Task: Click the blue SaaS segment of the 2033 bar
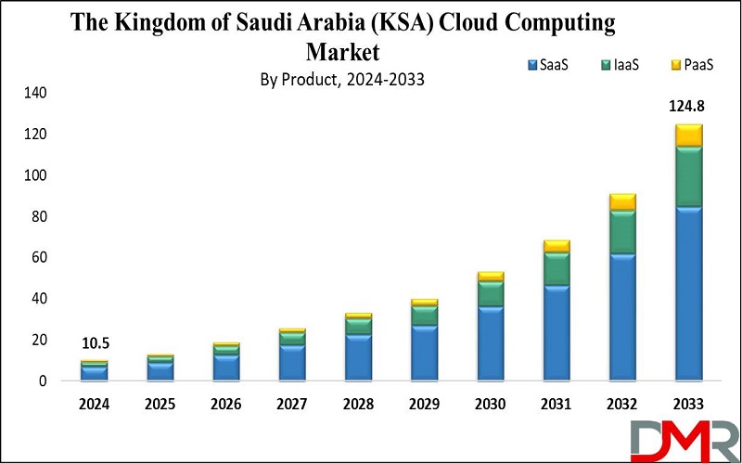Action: click(x=688, y=293)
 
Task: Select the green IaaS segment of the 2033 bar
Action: click(x=688, y=176)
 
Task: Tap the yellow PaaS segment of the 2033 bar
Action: click(x=688, y=135)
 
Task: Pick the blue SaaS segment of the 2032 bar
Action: click(x=622, y=316)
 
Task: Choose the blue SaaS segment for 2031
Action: click(x=556, y=332)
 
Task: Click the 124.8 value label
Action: click(x=688, y=108)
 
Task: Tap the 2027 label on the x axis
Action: click(x=292, y=405)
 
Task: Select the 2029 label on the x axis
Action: click(x=425, y=405)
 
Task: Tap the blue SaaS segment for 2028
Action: click(x=358, y=356)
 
